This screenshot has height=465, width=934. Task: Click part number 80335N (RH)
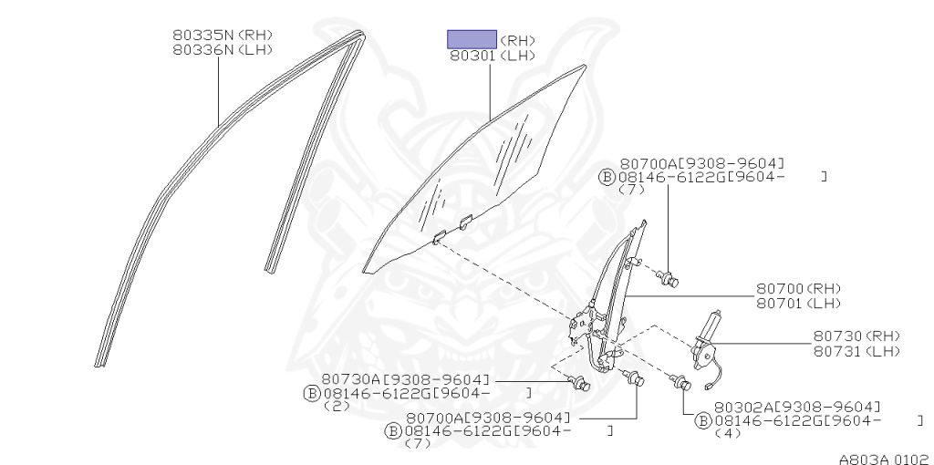[x=223, y=36]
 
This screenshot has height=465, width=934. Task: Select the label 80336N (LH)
[x=223, y=50]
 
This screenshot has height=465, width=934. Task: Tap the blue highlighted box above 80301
[x=471, y=39]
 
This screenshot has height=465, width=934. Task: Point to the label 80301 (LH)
[x=492, y=56]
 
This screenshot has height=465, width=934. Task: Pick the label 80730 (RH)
[x=856, y=336]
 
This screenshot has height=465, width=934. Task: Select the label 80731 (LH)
[x=856, y=351]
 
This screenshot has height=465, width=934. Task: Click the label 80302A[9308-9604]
[x=797, y=406]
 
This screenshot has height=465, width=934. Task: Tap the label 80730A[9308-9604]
[x=406, y=378]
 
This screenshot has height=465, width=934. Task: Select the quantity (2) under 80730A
[x=337, y=407]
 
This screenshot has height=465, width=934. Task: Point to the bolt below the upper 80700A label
[x=670, y=279]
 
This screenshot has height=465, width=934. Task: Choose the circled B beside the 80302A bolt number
[x=703, y=420]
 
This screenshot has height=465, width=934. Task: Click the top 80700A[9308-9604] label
[x=701, y=162]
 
